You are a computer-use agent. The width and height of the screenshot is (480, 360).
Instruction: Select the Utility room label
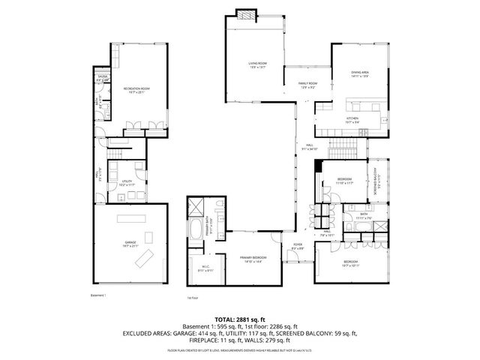point(127,182)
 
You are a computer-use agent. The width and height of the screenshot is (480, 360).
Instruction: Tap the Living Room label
point(258,65)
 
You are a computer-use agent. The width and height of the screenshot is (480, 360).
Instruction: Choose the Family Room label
point(308,85)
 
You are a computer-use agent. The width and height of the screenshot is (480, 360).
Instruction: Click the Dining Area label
point(360,73)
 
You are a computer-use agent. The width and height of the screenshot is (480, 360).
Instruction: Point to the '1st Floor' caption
point(193,298)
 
